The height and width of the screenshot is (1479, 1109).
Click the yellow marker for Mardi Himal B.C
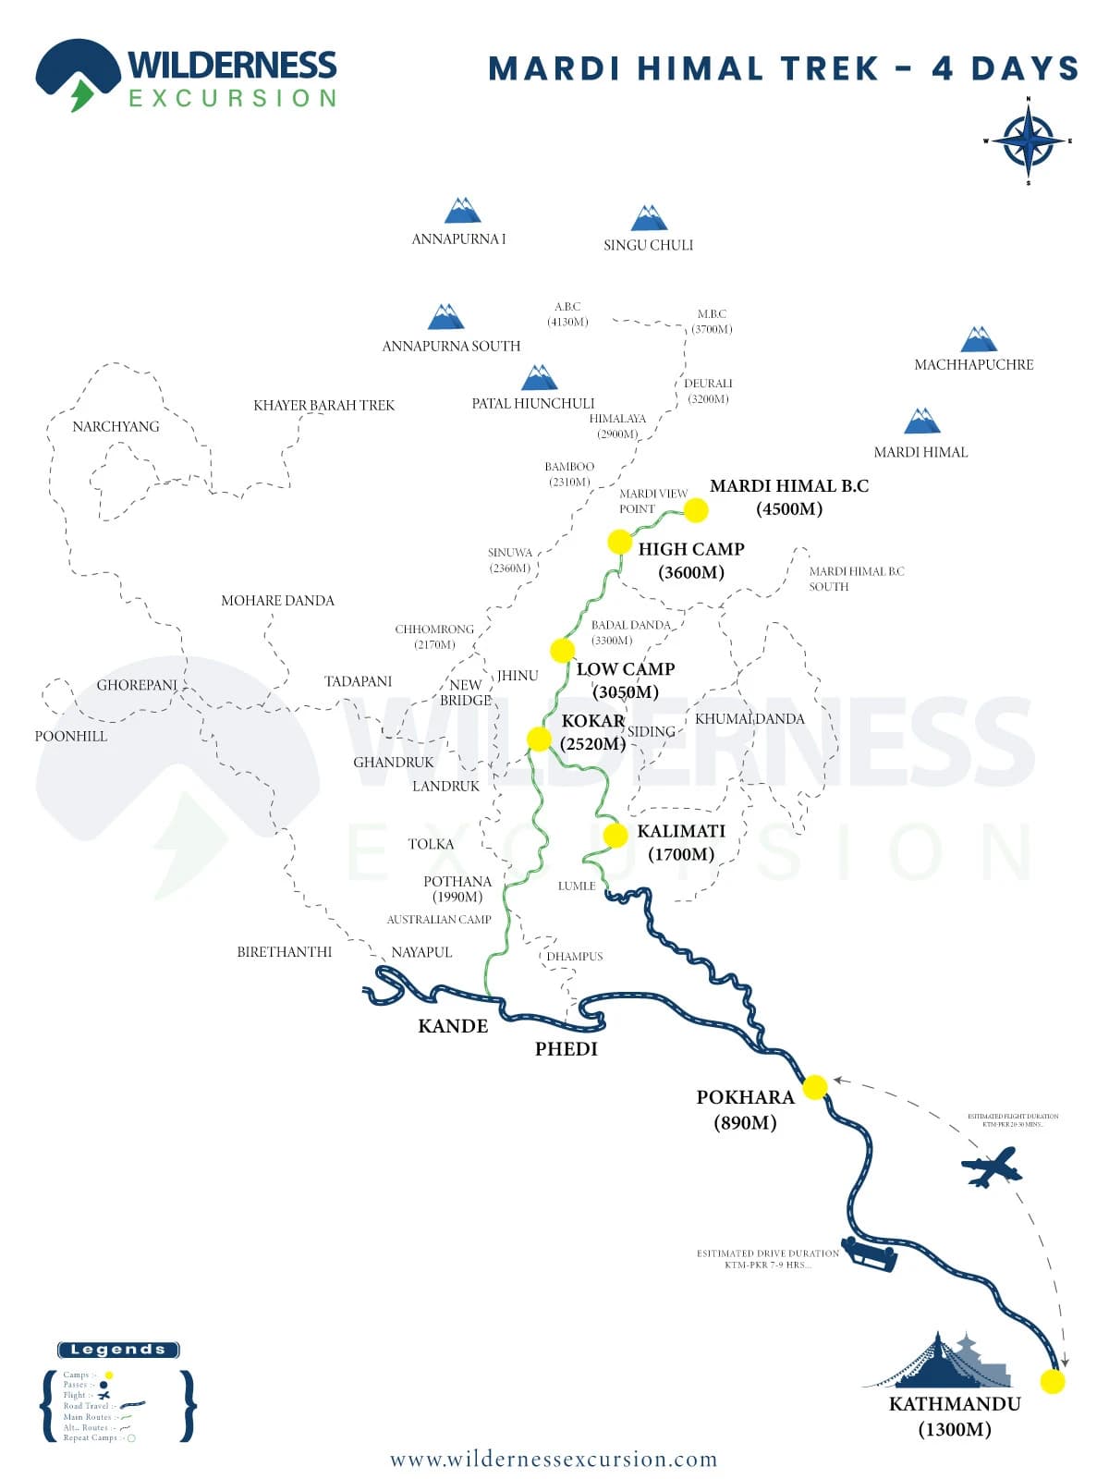pyautogui.click(x=696, y=509)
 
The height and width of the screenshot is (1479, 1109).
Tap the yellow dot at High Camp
pyautogui.click(x=619, y=542)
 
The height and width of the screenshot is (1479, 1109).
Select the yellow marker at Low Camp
pyautogui.click(x=562, y=650)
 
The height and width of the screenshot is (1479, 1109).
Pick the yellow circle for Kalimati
pyautogui.click(x=615, y=835)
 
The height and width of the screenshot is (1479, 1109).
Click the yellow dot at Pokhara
pyautogui.click(x=814, y=1087)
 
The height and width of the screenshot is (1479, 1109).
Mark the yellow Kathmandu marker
pyautogui.click(x=1052, y=1381)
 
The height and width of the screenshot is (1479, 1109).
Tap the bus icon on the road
pyautogui.click(x=870, y=1254)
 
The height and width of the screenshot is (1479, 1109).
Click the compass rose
pyautogui.click(x=1028, y=141)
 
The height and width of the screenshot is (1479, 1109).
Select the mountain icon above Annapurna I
pyautogui.click(x=462, y=211)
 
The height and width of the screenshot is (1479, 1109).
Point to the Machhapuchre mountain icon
pyautogui.click(x=978, y=339)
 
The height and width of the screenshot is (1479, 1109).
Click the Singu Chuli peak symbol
pyautogui.click(x=649, y=218)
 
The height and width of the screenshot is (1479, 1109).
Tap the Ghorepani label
pyautogui.click(x=137, y=685)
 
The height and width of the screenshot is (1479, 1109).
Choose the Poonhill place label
pyautogui.click(x=71, y=736)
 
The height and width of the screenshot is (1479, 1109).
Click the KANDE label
pyautogui.click(x=453, y=1025)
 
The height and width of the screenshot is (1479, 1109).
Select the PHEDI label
pyautogui.click(x=567, y=1048)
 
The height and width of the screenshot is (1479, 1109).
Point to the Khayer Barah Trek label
pyautogui.click(x=323, y=405)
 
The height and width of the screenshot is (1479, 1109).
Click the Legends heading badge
pyautogui.click(x=118, y=1350)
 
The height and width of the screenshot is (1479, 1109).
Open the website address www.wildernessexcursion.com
pyautogui.click(x=554, y=1459)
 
